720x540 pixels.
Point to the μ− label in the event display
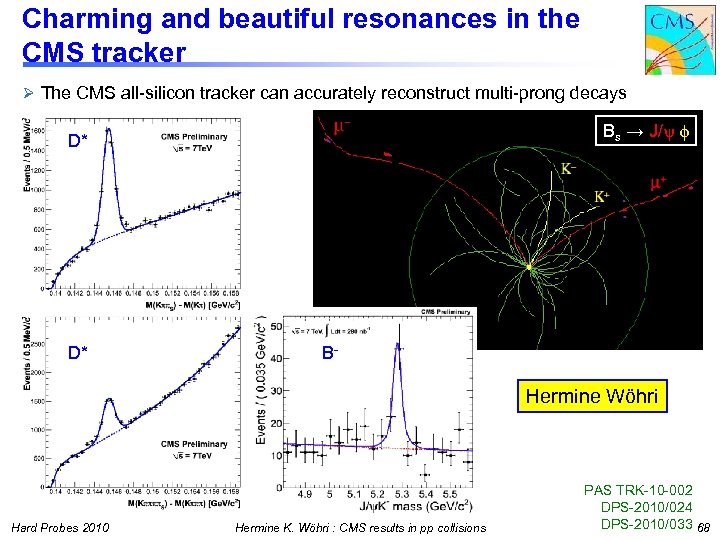(x=341, y=129)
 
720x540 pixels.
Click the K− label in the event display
(x=567, y=170)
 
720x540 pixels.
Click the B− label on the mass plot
(x=331, y=353)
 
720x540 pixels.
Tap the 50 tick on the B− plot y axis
(x=276, y=327)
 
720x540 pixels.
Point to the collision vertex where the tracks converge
(x=531, y=267)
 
